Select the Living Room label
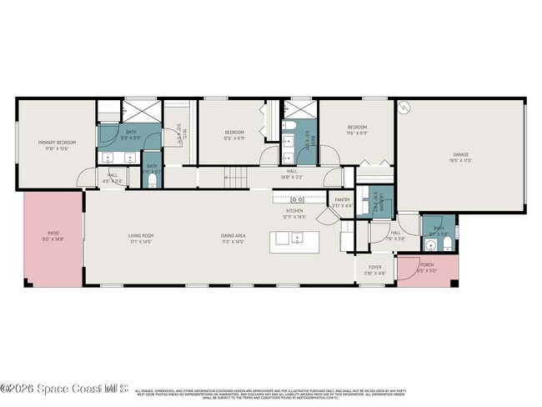141,235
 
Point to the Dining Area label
233,235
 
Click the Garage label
461,154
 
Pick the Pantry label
343,200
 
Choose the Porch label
427,267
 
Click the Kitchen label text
294,211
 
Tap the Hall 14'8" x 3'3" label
292,174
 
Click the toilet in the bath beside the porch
430,246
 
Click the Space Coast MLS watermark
65,388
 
